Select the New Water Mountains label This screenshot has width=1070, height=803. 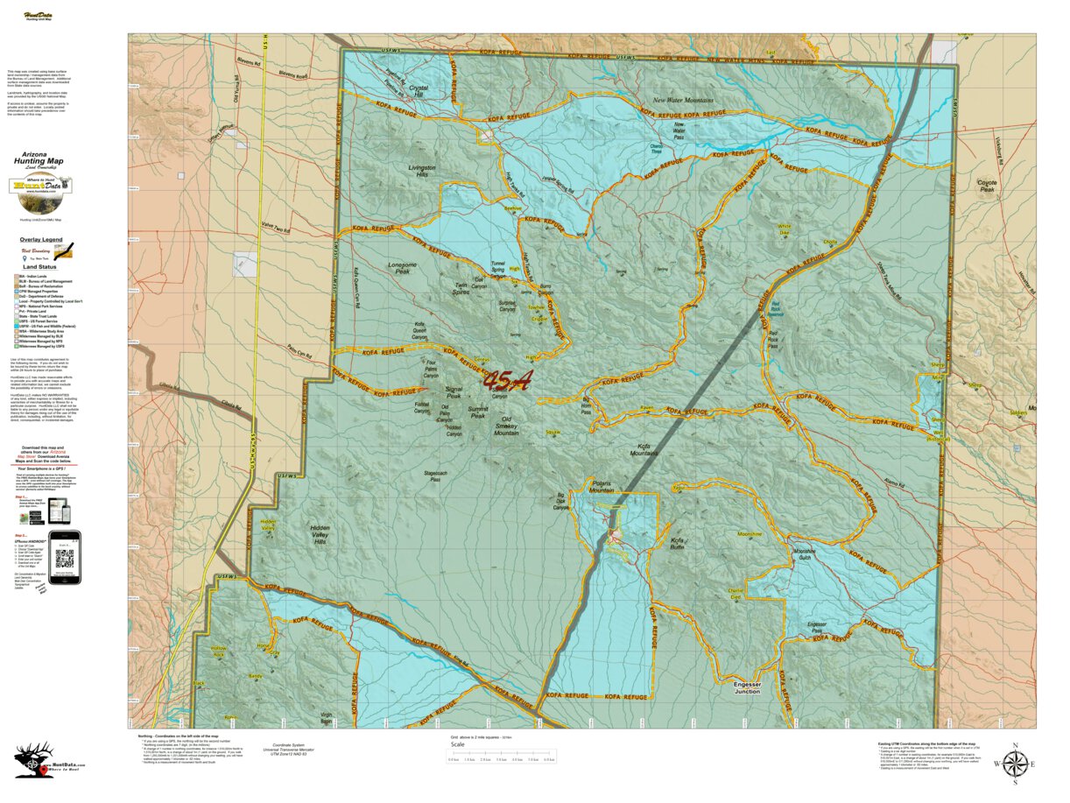click(x=684, y=101)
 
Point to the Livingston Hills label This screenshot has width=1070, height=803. click(x=423, y=172)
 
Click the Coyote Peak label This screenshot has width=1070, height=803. click(x=987, y=186)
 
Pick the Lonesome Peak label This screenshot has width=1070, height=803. click(x=403, y=268)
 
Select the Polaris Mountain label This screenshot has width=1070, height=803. click(x=602, y=487)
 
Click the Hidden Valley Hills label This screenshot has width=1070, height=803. click(x=320, y=535)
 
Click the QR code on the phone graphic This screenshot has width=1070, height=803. click(x=64, y=558)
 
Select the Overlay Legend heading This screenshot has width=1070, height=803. click(x=41, y=239)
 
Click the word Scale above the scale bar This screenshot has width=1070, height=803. click(x=458, y=743)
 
